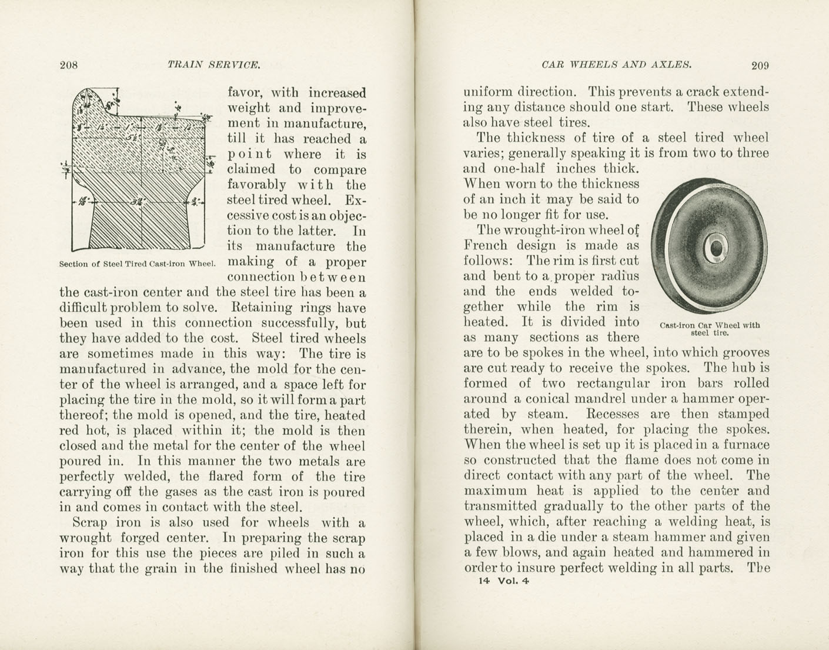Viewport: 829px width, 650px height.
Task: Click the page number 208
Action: (x=69, y=65)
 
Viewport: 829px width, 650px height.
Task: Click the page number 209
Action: (x=760, y=65)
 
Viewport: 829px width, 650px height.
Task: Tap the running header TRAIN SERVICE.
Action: (x=213, y=65)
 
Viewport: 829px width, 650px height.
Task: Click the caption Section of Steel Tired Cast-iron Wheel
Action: (x=138, y=264)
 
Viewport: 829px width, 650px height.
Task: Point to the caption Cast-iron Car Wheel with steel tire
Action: (x=710, y=328)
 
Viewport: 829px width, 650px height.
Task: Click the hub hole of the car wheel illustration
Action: (x=716, y=250)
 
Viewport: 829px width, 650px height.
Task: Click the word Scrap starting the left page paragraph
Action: (x=89, y=522)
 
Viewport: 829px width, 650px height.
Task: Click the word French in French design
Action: (x=485, y=245)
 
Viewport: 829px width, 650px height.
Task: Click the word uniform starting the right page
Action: (x=487, y=92)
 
